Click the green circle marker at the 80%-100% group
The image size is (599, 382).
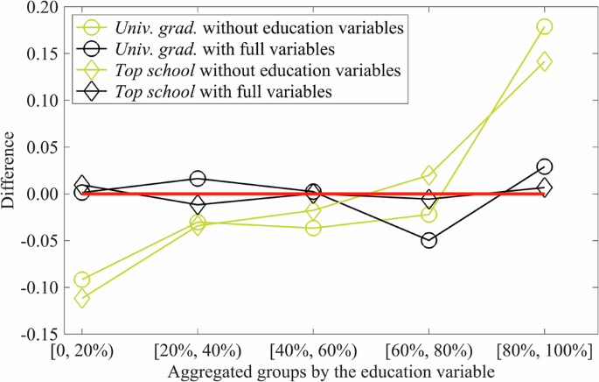tap(544, 26)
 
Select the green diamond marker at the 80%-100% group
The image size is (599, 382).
tap(544, 61)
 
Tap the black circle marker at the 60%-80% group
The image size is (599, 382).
tap(428, 240)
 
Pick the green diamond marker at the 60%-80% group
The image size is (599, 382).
tap(428, 175)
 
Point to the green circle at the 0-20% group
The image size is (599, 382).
tap(82, 279)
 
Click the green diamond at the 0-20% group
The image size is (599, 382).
tap(82, 298)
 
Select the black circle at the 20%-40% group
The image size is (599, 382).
tap(198, 179)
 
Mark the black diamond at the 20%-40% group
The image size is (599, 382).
tap(198, 205)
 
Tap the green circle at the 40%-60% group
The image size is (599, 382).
tap(313, 228)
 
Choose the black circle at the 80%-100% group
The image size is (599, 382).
tap(544, 166)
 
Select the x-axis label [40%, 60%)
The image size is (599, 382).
tap(313, 351)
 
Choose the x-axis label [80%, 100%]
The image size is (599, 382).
tap(544, 351)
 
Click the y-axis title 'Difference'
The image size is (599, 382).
tap(10, 171)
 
